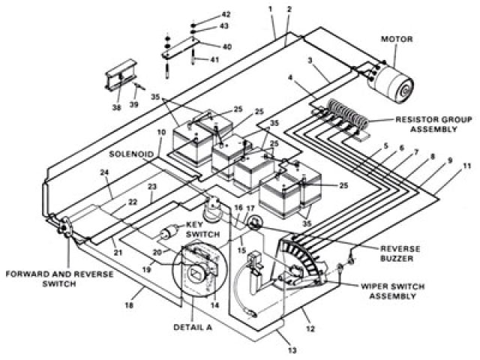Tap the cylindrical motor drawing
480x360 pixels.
click(x=394, y=78)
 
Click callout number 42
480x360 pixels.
click(x=226, y=14)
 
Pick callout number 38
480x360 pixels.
click(x=115, y=106)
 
